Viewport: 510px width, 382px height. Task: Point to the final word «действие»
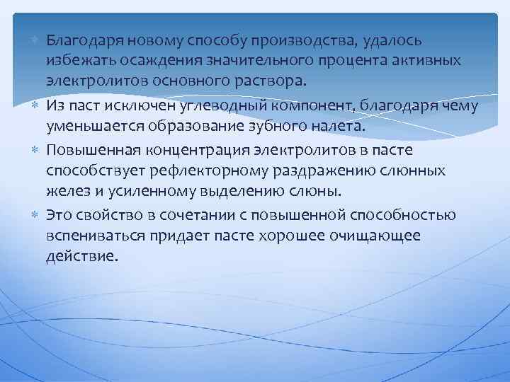[x=79, y=255]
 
